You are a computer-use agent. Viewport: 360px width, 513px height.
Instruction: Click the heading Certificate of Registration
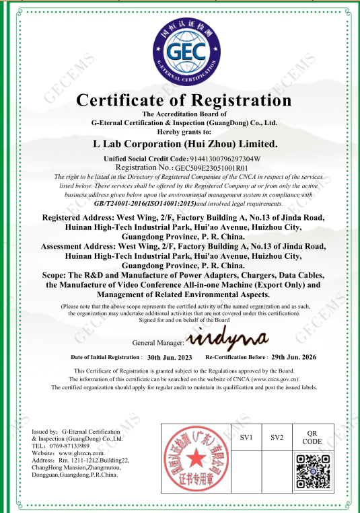tap(184, 101)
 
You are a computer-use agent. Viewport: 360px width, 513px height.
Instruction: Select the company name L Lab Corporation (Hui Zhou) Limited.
tap(184, 143)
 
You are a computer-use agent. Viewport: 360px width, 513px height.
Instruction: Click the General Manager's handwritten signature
tap(227, 337)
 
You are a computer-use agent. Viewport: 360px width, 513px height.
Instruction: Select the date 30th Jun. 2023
tap(170, 357)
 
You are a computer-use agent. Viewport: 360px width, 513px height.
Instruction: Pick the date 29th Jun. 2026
tap(293, 357)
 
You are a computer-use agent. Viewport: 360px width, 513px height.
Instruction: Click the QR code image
tap(312, 470)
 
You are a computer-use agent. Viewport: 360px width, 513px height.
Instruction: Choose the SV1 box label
tap(246, 438)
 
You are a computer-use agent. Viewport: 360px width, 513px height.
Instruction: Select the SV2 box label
tap(277, 438)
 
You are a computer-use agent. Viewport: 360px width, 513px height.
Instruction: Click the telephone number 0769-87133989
tap(71, 446)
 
